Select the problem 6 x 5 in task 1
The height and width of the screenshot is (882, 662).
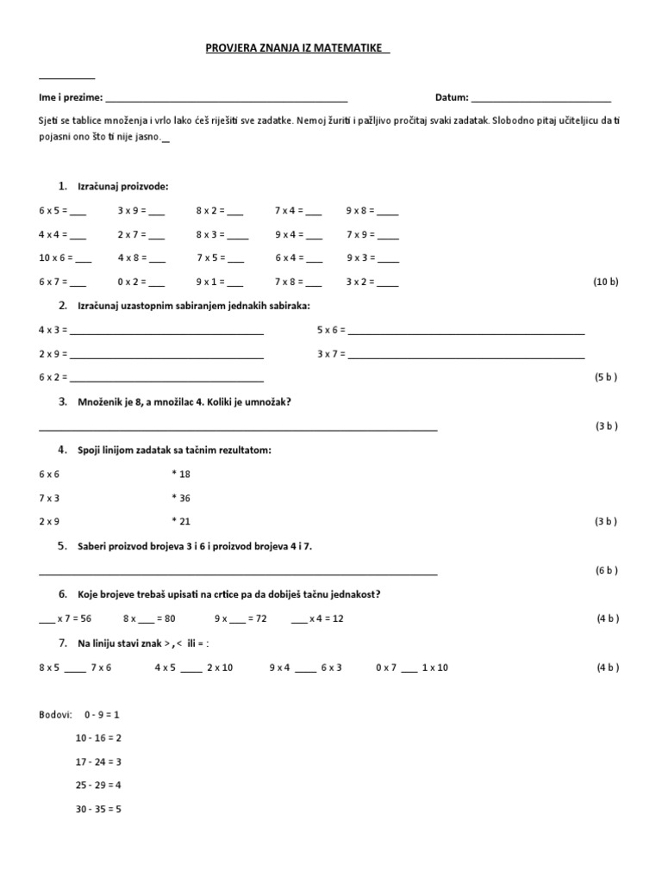tap(62, 210)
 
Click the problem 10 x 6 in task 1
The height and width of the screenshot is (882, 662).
tap(62, 258)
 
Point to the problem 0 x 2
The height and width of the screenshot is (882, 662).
tap(141, 282)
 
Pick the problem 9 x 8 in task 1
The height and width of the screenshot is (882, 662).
tap(372, 210)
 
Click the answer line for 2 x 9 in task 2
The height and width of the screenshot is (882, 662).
tap(167, 355)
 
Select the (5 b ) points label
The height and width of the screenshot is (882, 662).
tap(605, 377)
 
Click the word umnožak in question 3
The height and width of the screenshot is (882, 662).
tap(272, 401)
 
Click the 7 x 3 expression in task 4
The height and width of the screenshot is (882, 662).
tap(50, 498)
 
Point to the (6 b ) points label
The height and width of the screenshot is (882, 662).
tap(605, 570)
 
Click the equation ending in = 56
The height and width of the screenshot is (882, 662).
tap(66, 618)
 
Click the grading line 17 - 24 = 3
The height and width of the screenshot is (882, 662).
tap(98, 761)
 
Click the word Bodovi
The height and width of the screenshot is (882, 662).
tap(55, 715)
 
